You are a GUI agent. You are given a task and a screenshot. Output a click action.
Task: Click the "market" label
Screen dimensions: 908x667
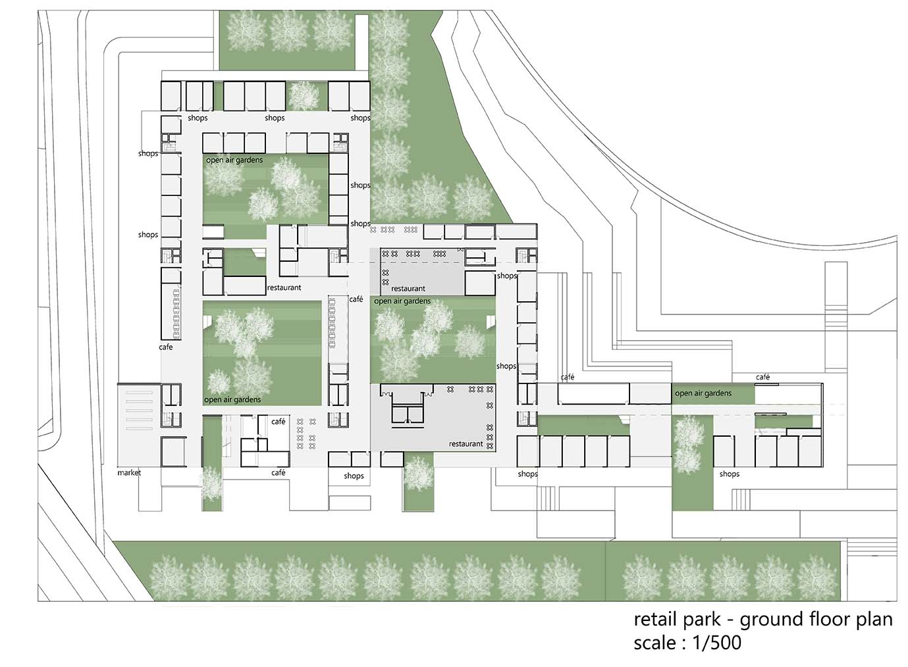point(129,472)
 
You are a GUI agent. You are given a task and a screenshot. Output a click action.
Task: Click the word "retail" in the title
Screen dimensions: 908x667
point(654,619)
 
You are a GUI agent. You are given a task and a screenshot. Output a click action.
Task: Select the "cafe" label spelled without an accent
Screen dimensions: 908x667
point(165,347)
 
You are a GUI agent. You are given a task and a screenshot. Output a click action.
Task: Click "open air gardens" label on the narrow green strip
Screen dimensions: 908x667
point(703,393)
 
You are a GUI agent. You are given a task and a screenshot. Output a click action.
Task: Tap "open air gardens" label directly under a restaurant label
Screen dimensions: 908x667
point(402,301)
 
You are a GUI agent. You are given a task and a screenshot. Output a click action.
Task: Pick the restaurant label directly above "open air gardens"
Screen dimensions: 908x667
point(408,288)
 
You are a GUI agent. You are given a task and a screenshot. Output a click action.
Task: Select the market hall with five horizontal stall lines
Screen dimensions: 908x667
point(139,425)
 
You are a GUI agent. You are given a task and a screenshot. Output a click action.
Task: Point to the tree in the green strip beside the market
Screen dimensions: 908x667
point(211,483)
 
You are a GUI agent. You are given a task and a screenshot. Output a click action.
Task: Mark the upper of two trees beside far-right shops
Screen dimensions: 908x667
point(689,431)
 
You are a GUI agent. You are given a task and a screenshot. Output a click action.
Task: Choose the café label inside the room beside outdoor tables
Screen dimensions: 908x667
point(278,422)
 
